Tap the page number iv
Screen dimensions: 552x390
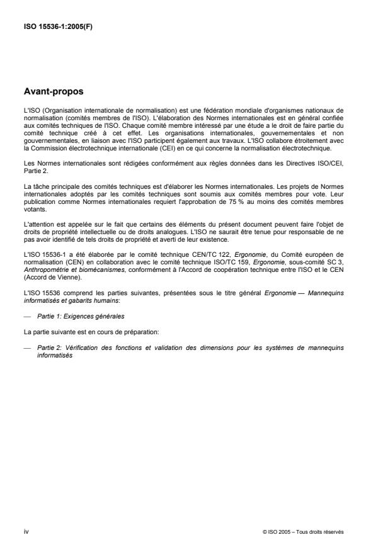point(26,532)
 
